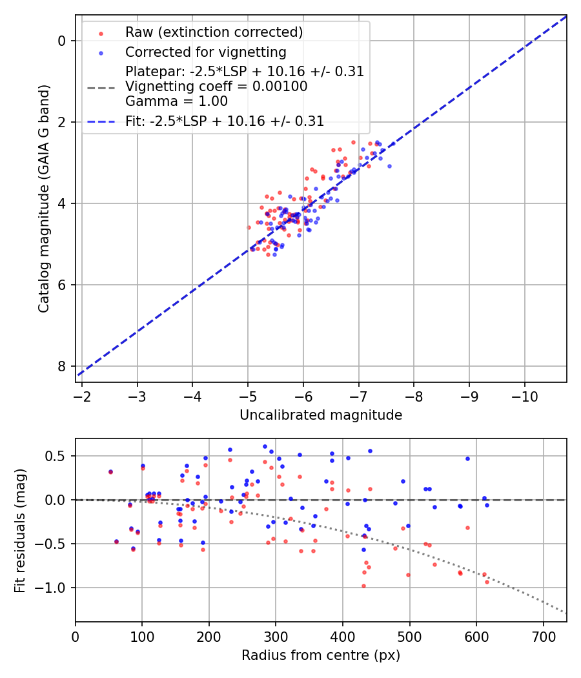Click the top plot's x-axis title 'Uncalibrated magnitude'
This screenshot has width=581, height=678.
[321, 415]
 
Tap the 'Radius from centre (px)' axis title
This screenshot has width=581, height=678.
[321, 655]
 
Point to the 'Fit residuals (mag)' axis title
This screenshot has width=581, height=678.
[20, 529]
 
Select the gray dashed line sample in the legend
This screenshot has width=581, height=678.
[101, 87]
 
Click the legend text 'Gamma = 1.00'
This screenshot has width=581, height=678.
[176, 101]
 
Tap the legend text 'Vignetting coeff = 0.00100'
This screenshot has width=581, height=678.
[216, 87]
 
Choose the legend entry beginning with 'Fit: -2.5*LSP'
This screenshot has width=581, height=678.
[225, 121]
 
